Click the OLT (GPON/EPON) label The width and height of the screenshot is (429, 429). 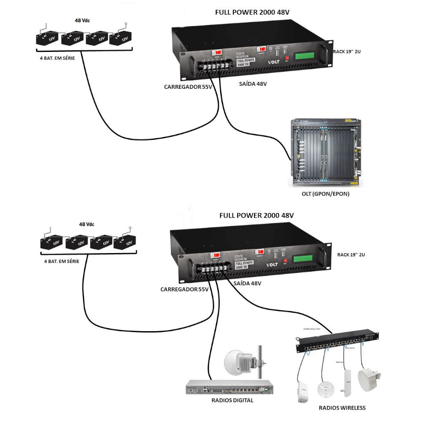(326, 194)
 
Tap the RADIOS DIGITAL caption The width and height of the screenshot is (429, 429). (233, 400)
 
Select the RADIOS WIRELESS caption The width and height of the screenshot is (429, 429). (342, 408)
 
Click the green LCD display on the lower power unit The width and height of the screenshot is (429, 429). (308, 259)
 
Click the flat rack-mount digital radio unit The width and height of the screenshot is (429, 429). (230, 388)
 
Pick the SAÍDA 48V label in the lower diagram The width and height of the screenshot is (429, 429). (248, 284)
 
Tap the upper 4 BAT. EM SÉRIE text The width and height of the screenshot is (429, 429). (57, 58)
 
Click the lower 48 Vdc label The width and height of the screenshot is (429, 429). (87, 224)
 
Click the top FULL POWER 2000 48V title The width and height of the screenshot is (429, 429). (252, 12)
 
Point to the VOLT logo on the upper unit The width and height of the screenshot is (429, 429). (273, 62)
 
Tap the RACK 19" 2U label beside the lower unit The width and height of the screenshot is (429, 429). (351, 254)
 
